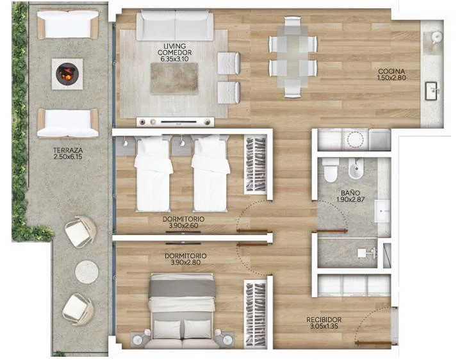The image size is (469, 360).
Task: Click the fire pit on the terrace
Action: pyautogui.click(x=67, y=74)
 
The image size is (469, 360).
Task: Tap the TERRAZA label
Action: pyautogui.click(x=68, y=150)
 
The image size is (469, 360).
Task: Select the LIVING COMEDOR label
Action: pyautogui.click(x=175, y=49)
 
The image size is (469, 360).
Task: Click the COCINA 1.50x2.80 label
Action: pyautogui.click(x=391, y=74)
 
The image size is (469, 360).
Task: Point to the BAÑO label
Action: pyautogui.click(x=350, y=193)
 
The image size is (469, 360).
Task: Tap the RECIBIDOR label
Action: pyautogui.click(x=324, y=320)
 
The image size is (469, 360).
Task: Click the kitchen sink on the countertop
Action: pyautogui.click(x=432, y=91)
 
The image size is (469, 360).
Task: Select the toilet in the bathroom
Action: pyautogui.click(x=331, y=170)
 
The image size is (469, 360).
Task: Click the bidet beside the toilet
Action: pyautogui.click(x=356, y=168)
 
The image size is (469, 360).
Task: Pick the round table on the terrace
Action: pyautogui.click(x=86, y=272)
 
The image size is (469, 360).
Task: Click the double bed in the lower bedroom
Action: pyautogui.click(x=183, y=311)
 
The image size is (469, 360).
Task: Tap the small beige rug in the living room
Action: pyautogui.click(x=174, y=78)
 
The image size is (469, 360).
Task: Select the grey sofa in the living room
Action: pyautogui.click(x=175, y=26)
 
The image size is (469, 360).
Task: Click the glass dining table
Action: pyautogui.click(x=293, y=57)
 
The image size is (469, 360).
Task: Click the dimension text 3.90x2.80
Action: pyautogui.click(x=186, y=263)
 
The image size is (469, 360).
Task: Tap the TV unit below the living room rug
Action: pyautogui.click(x=176, y=122)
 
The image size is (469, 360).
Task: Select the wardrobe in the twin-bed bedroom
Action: pyautogui.click(x=255, y=165)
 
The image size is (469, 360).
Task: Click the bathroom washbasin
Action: pyautogui.click(x=383, y=211)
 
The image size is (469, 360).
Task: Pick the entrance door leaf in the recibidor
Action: pyautogui.click(x=374, y=343)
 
